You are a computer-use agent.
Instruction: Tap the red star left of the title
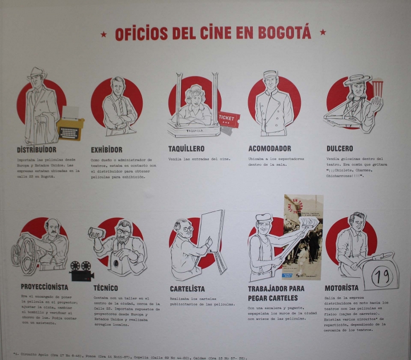point(103,34)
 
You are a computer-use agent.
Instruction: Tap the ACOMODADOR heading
point(269,149)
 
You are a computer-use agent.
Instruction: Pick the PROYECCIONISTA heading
point(45,287)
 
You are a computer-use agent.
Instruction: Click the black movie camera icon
point(82,270)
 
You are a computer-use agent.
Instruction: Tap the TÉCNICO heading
point(106,288)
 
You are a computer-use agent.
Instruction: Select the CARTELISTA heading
point(187,289)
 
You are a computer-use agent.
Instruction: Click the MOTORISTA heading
point(341,288)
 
